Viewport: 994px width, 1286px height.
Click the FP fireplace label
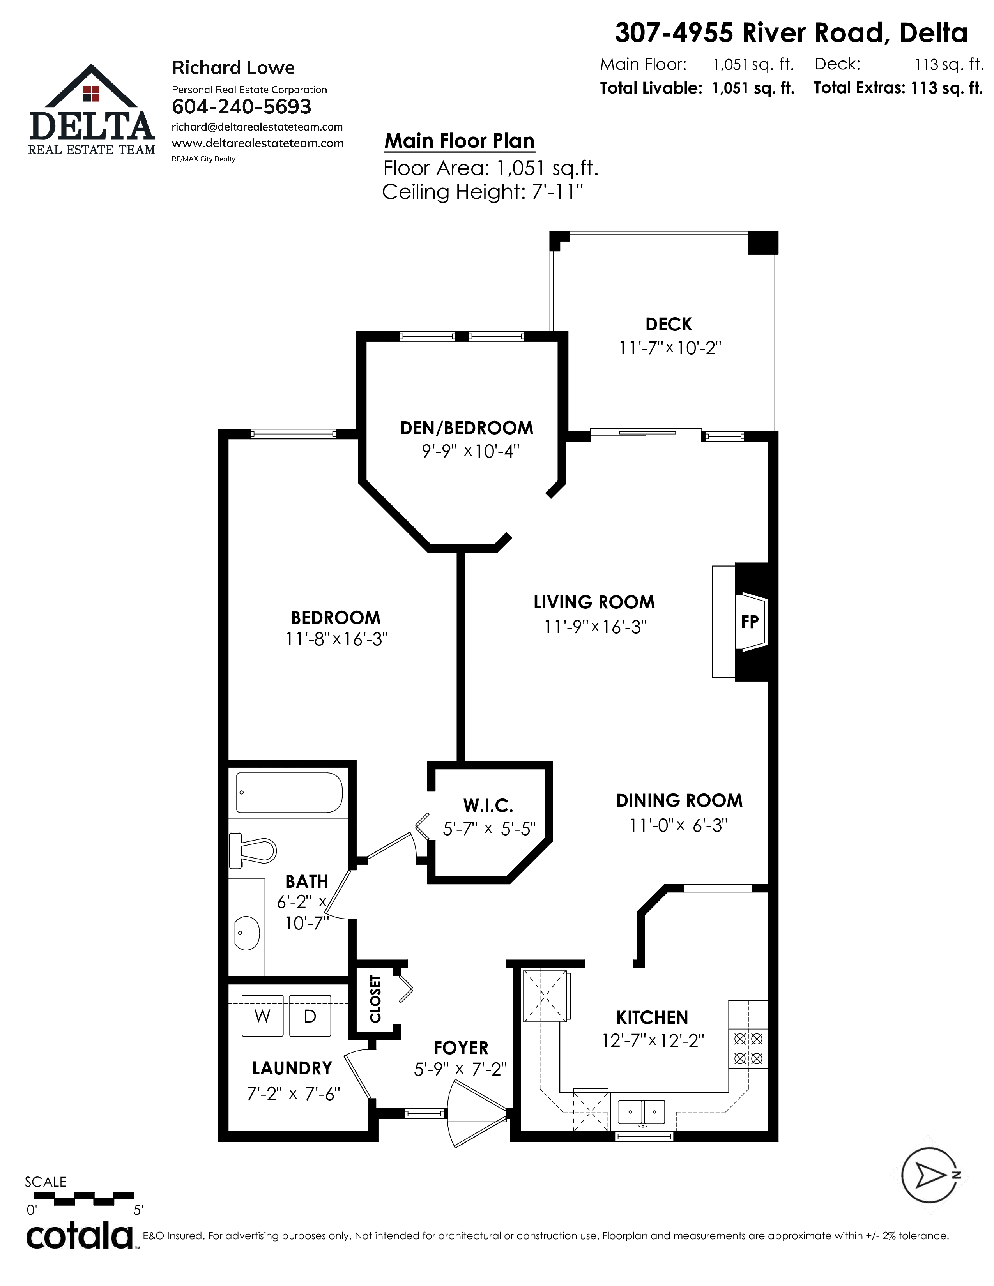749,622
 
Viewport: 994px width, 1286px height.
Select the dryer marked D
310,1016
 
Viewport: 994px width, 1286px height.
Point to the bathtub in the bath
288,793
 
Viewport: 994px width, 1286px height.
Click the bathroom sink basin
247,933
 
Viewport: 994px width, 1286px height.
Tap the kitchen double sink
641,1112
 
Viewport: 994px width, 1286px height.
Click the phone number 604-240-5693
241,106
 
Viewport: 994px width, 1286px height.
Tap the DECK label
669,325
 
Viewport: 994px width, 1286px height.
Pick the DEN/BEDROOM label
466,428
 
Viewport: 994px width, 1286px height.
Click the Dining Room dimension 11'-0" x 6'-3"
678,825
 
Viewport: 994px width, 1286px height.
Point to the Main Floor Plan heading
459,141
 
